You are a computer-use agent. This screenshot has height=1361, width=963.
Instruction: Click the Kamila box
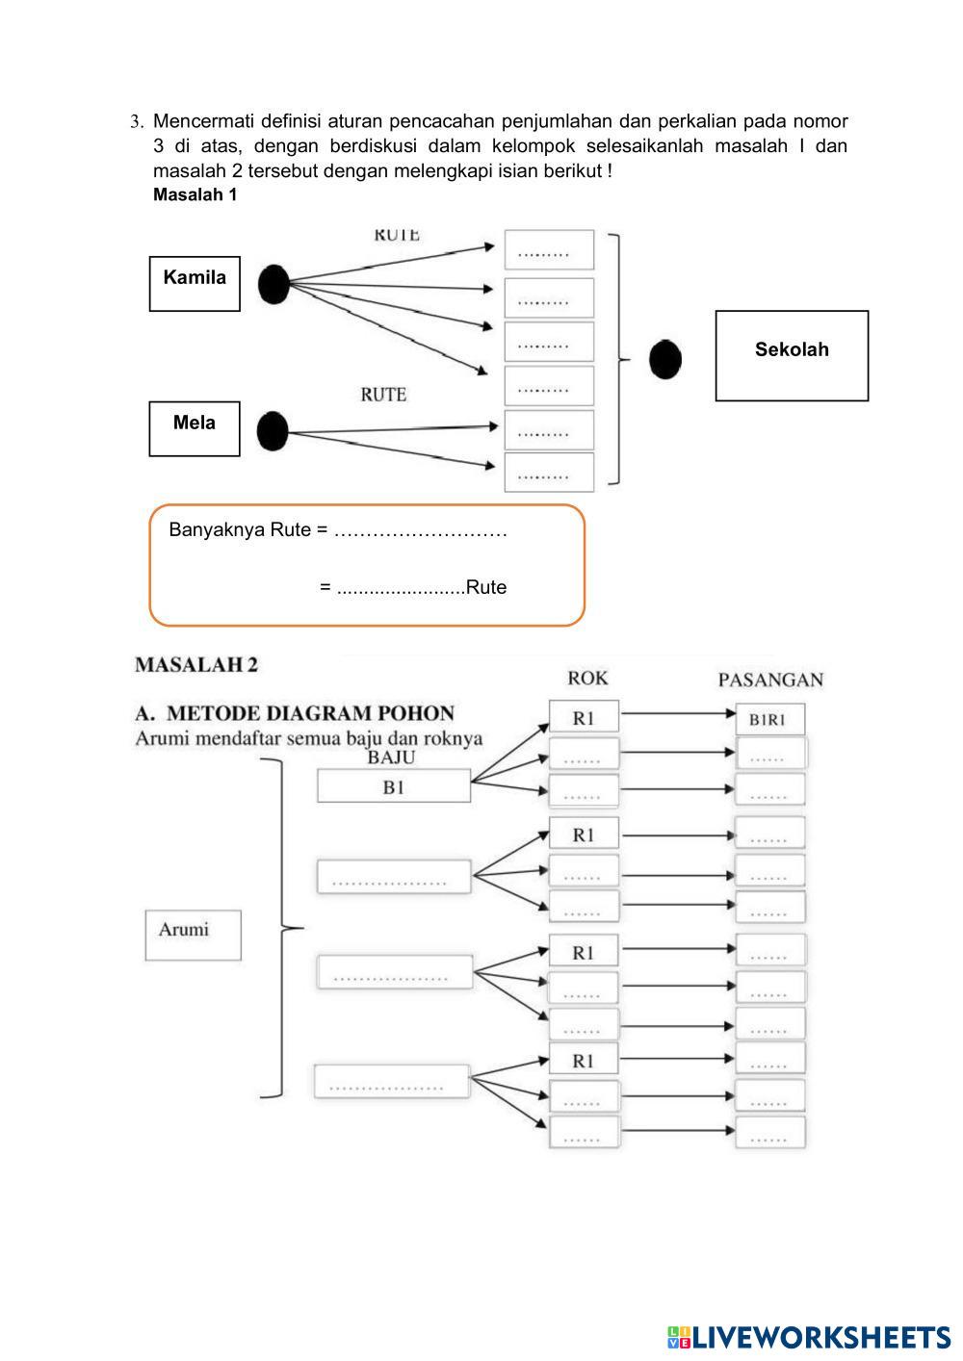click(x=195, y=283)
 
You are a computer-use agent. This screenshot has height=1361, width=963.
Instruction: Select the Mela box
click(x=195, y=428)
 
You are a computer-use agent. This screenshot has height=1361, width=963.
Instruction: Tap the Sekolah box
click(x=792, y=355)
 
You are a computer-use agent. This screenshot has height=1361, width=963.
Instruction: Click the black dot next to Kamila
click(x=273, y=284)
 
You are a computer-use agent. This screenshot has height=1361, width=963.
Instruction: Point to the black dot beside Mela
click(x=273, y=431)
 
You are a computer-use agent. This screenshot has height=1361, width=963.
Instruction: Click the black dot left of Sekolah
click(x=665, y=360)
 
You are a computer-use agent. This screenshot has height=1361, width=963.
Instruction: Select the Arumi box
click(x=193, y=935)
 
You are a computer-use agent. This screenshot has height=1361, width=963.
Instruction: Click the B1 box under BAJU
click(x=394, y=786)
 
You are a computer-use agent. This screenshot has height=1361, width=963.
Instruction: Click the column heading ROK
click(x=587, y=678)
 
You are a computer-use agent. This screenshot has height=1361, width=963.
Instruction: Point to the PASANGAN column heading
click(x=770, y=680)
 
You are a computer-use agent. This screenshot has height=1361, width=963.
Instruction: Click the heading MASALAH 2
click(x=196, y=664)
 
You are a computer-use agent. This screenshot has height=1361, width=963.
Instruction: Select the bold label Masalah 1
click(x=195, y=195)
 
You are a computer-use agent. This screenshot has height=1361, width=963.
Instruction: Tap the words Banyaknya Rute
click(x=241, y=530)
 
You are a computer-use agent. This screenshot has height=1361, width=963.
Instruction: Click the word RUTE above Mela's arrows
click(x=383, y=395)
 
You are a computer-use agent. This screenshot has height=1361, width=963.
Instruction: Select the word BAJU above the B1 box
click(x=391, y=758)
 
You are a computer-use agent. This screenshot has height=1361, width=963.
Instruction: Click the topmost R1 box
click(x=584, y=718)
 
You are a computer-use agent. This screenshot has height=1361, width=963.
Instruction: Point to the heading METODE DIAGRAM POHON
click(x=295, y=713)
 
